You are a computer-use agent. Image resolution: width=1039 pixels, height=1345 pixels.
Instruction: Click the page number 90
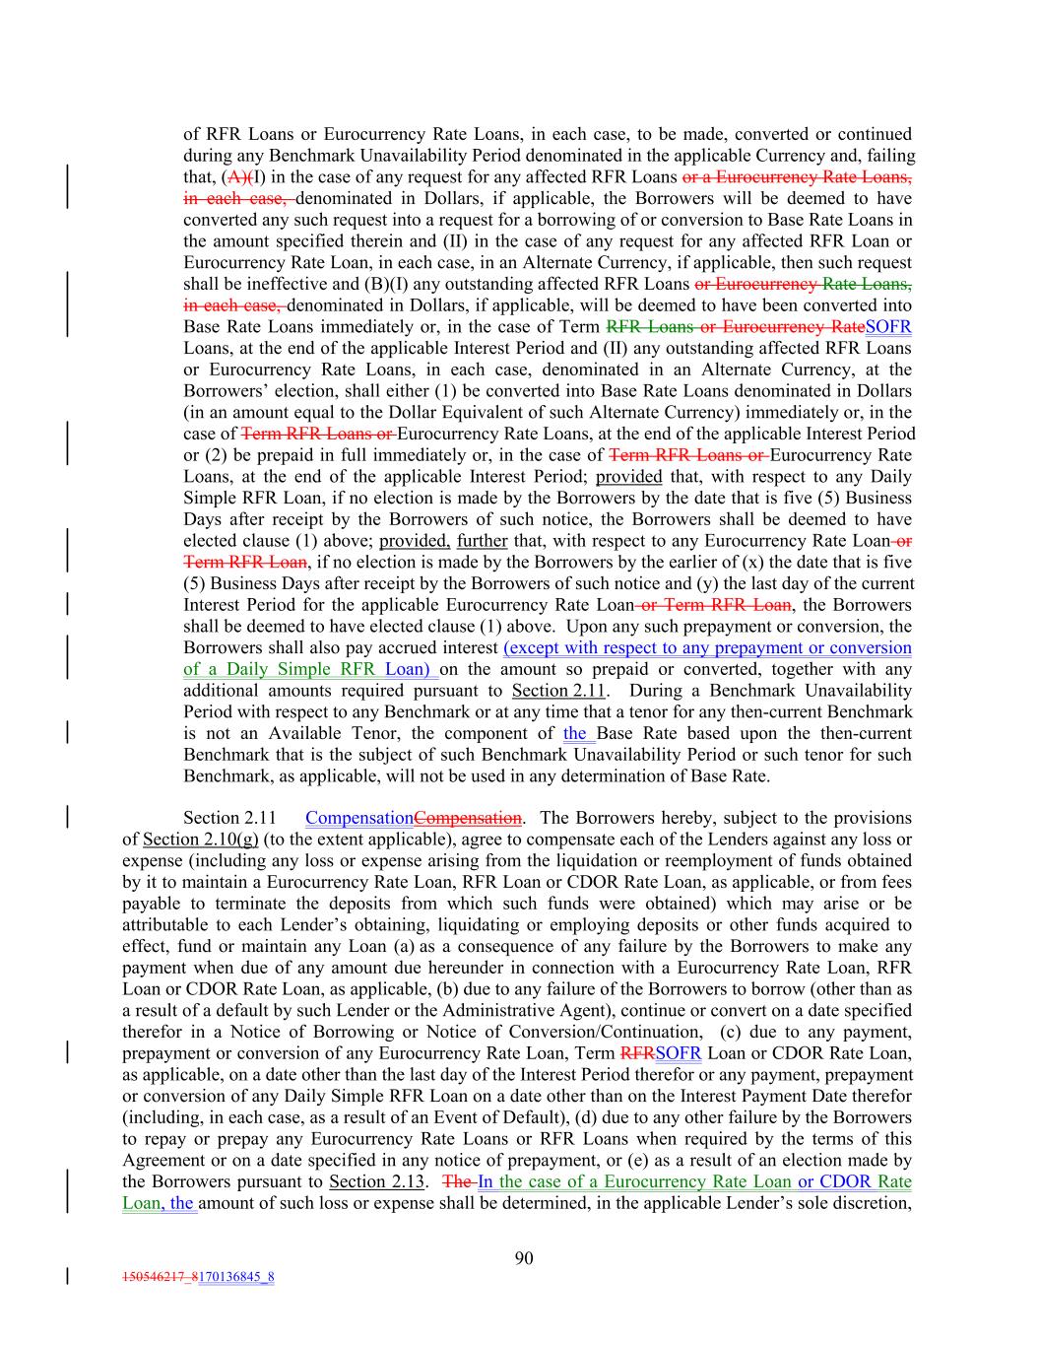(524, 1257)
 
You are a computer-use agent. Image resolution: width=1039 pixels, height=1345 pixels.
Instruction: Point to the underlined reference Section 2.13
(376, 1181)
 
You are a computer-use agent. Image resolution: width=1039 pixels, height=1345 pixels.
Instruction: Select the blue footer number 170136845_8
(236, 1278)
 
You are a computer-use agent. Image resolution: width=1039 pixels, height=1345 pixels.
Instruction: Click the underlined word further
(482, 541)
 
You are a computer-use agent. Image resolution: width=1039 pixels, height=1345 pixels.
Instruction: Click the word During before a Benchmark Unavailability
(658, 691)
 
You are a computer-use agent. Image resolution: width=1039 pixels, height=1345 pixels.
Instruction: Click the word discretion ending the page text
(871, 1203)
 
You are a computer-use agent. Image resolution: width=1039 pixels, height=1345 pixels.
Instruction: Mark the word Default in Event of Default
(556, 1117)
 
